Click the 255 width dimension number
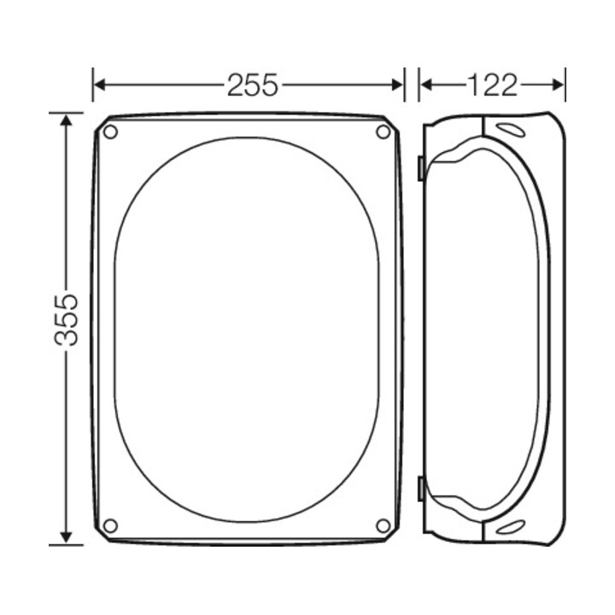coord(253,85)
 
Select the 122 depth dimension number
coord(492,85)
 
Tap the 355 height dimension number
coord(67,319)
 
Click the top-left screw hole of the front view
coord(110,132)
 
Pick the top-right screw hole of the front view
coord(384,132)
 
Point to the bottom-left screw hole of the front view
coord(110,525)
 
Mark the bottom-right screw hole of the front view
coord(384,525)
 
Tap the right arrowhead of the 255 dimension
coord(397,85)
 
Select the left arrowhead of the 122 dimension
coord(426,85)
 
